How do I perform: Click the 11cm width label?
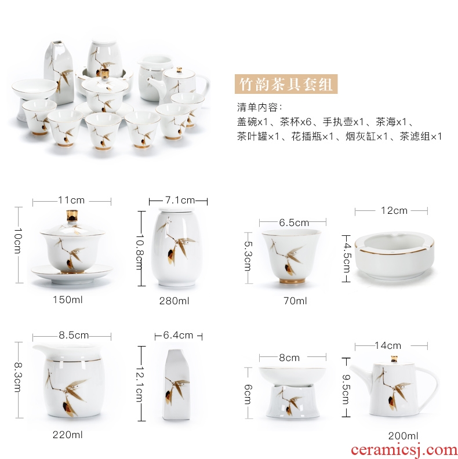tap(71, 200)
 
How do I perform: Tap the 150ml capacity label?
tap(68, 300)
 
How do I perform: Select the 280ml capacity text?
tap(175, 301)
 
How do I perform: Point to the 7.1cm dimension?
tap(180, 200)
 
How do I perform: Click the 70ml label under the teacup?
tap(295, 301)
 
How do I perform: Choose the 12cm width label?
tap(394, 210)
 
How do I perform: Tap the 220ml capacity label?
tap(68, 435)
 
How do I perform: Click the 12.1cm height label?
tap(139, 384)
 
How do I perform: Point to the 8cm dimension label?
tap(289, 358)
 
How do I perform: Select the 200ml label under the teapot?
tap(404, 436)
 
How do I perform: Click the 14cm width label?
tap(388, 346)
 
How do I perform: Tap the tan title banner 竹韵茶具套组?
tap(286, 84)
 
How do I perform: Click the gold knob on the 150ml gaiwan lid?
tap(72, 216)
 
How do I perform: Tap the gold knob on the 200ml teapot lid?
tap(394, 359)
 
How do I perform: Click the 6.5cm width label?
tap(294, 223)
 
